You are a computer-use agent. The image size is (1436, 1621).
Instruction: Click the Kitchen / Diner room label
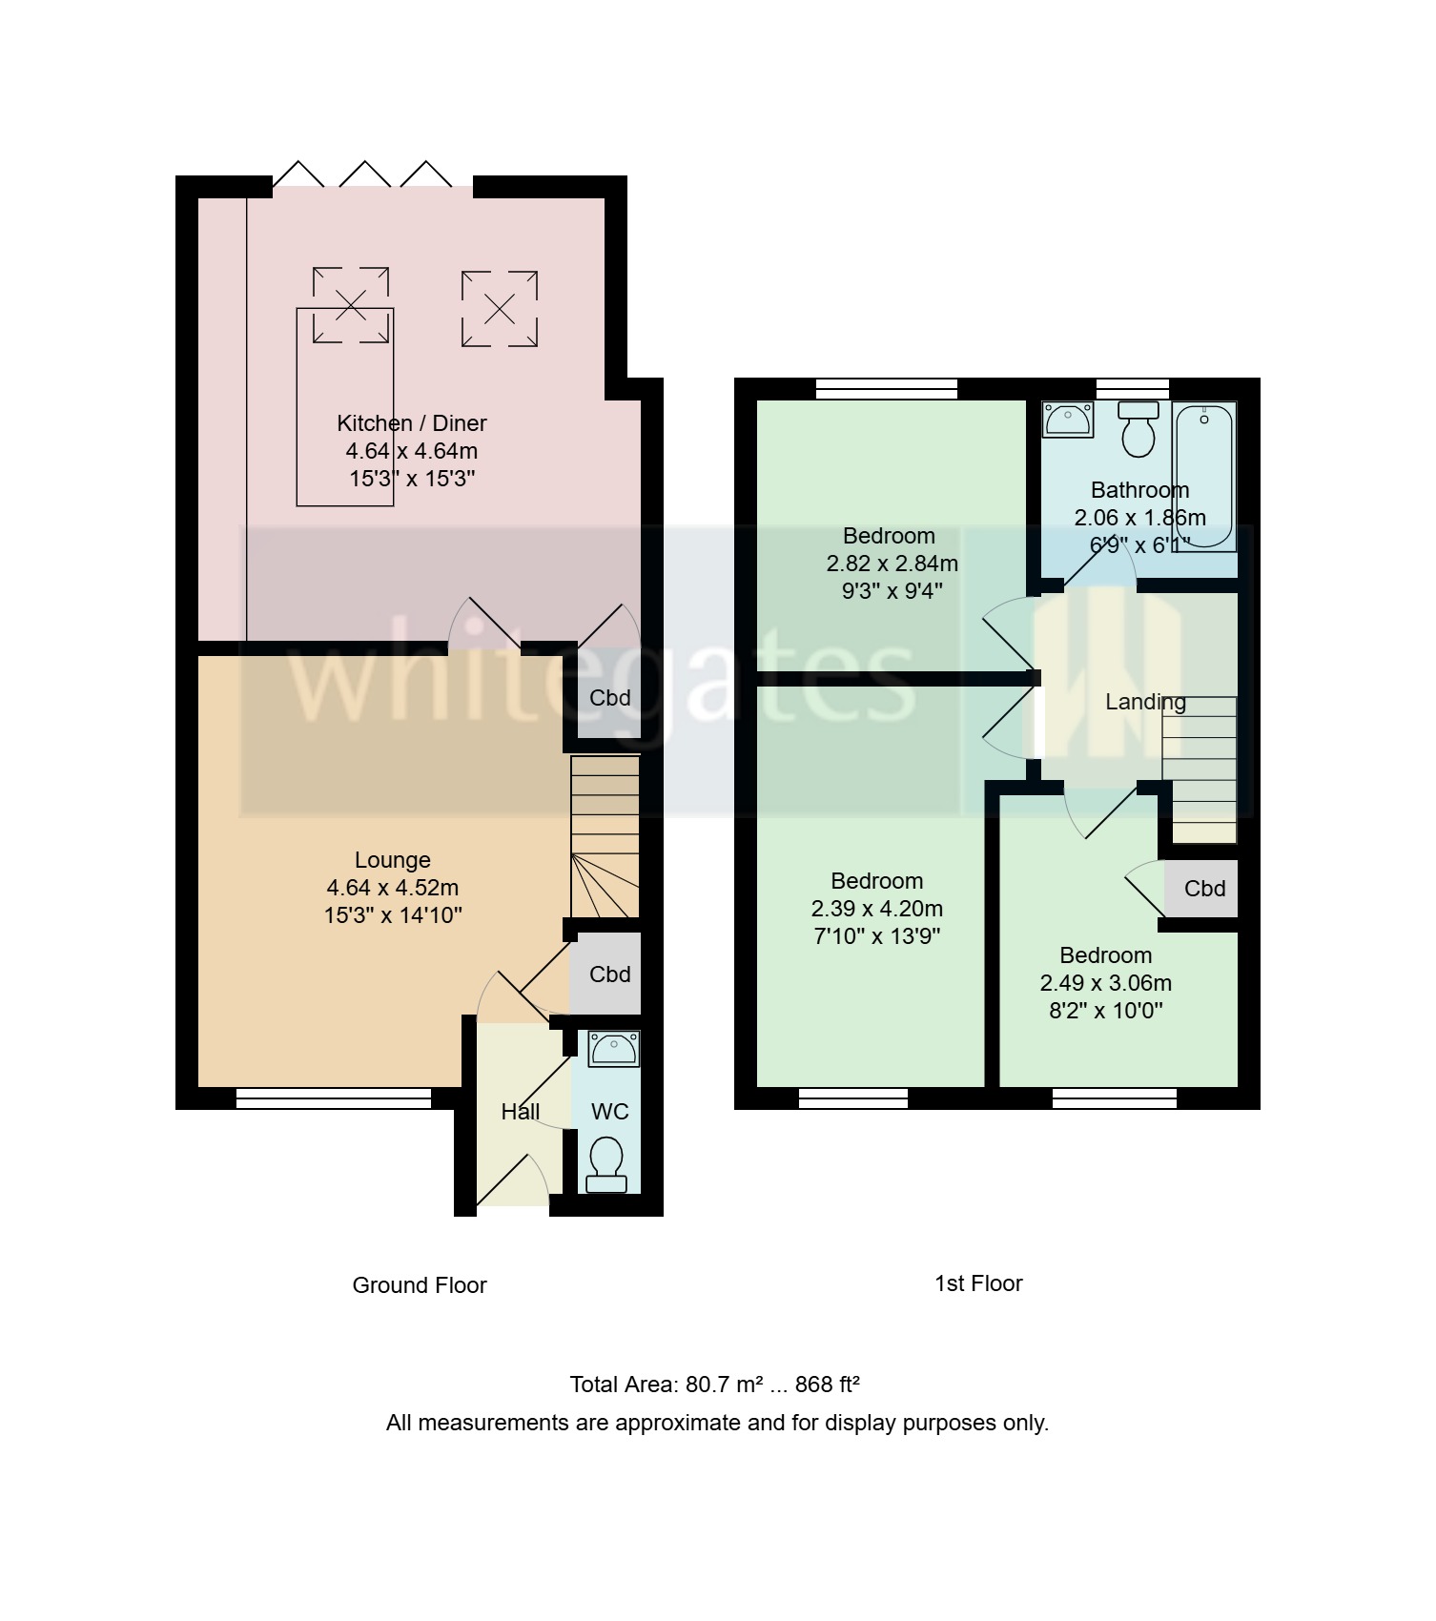pyautogui.click(x=412, y=423)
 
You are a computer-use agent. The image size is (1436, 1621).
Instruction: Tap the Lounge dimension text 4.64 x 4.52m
pyautogui.click(x=393, y=888)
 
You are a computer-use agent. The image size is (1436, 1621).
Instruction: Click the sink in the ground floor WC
pyautogui.click(x=612, y=1049)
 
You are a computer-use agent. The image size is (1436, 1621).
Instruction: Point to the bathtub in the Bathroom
pyautogui.click(x=1203, y=475)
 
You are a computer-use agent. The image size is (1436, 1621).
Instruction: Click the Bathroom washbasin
pyautogui.click(x=1068, y=420)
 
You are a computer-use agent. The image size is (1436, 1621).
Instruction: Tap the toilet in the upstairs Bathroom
pyautogui.click(x=1139, y=429)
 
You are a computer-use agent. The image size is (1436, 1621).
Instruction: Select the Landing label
pyautogui.click(x=1145, y=703)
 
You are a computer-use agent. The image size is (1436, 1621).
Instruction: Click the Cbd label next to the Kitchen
pyautogui.click(x=609, y=698)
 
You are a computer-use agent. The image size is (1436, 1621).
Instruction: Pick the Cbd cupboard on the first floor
pyautogui.click(x=1203, y=889)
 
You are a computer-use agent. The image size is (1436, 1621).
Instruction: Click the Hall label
pyautogui.click(x=521, y=1112)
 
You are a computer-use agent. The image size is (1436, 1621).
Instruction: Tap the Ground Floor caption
pyautogui.click(x=420, y=1285)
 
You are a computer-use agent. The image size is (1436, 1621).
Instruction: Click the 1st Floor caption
pyautogui.click(x=977, y=1283)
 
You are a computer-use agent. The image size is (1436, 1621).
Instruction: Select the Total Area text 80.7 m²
pyautogui.click(x=715, y=1385)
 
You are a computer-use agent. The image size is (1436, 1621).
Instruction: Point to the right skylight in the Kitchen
pyautogui.click(x=500, y=309)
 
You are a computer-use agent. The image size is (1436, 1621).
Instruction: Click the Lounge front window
pyautogui.click(x=334, y=1099)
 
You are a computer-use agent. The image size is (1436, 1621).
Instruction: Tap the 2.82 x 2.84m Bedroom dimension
pyautogui.click(x=892, y=564)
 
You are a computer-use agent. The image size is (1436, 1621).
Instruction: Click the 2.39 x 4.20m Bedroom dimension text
pyautogui.click(x=876, y=909)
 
